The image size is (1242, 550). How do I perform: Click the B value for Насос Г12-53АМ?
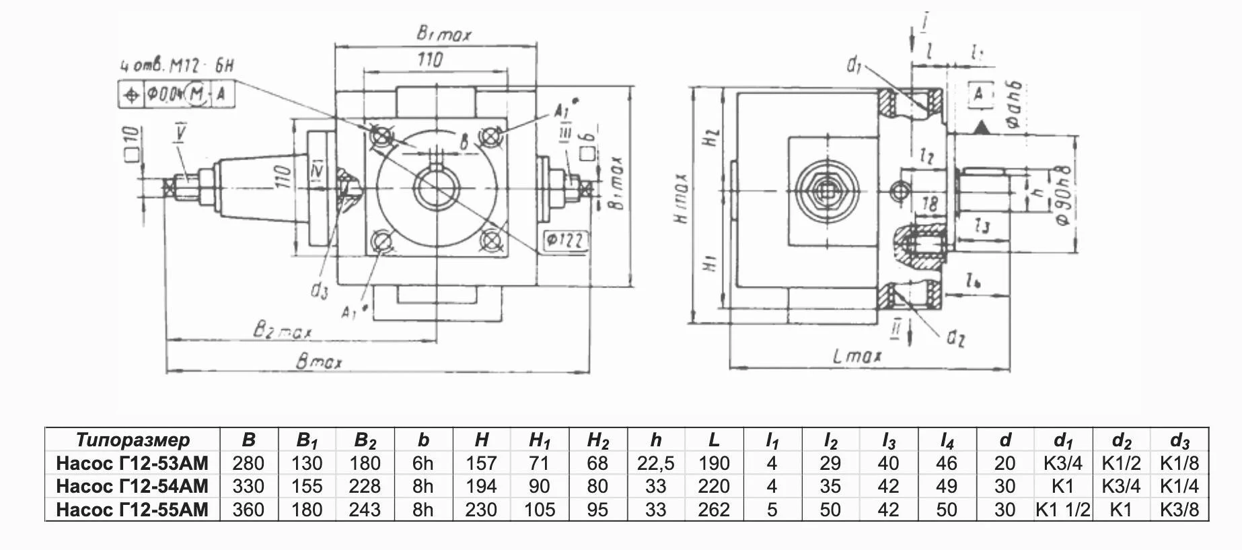(x=248, y=463)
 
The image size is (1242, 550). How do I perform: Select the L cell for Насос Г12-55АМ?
(x=714, y=510)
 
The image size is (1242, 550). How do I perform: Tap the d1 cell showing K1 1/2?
(x=1063, y=510)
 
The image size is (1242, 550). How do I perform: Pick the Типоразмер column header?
(x=133, y=440)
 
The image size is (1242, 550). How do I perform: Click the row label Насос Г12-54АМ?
(x=133, y=486)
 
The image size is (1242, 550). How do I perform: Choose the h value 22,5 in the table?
(x=655, y=463)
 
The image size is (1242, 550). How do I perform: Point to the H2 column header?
(x=597, y=440)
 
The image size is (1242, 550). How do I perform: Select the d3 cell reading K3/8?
(x=1179, y=510)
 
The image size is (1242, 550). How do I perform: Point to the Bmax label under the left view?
(x=319, y=362)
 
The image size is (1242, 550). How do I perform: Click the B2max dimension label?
(x=282, y=331)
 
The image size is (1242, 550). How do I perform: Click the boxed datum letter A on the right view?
(x=979, y=94)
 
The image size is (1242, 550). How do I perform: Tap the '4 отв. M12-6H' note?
(x=177, y=66)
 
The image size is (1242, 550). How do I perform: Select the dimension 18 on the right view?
(x=928, y=203)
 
